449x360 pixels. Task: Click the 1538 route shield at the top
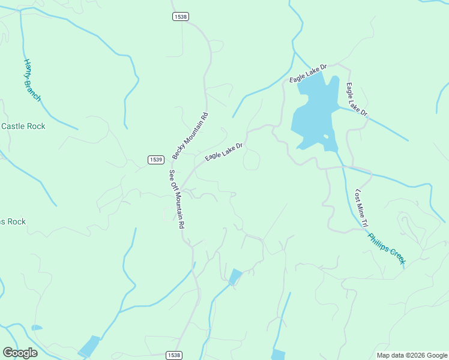pos(180,16)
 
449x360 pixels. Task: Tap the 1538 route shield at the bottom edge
pos(173,355)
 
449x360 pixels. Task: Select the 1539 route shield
pos(156,159)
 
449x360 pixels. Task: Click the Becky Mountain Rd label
pos(190,136)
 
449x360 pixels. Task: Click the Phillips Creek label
pos(387,248)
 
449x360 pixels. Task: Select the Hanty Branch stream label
pos(32,80)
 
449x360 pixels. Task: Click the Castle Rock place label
pos(23,126)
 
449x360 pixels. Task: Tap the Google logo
pos(20,353)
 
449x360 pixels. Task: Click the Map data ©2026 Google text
pos(412,355)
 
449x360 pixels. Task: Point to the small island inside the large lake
pos(326,137)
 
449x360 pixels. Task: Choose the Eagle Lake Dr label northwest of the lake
pos(308,73)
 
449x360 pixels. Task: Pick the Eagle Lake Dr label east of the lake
pos(356,99)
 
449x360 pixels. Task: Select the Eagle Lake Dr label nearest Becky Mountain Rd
pos(223,151)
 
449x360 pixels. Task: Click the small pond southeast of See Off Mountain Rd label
pos(235,277)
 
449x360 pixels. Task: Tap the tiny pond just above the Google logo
pos(37,328)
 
